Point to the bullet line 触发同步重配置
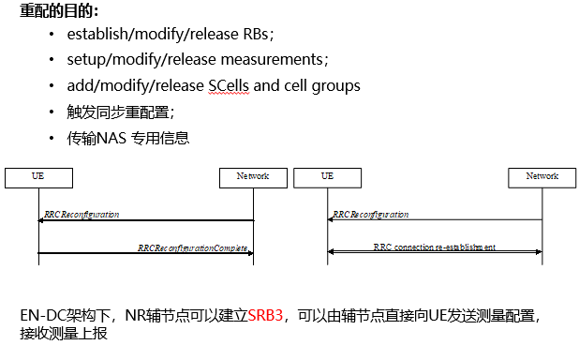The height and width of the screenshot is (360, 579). pos(121,112)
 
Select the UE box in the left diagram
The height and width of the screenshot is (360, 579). pos(38,176)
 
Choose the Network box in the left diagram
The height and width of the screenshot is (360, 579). pos(252,176)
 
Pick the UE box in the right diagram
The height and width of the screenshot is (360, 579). pos(327,176)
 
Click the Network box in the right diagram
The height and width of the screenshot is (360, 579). pos(542,176)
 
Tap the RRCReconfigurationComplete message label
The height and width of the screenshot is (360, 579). pos(194,247)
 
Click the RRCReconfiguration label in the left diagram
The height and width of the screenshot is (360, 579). pos(82,215)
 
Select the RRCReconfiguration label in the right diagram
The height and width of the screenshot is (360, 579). pos(371,215)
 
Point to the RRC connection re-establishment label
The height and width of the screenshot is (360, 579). pos(435,247)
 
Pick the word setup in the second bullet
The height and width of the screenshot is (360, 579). pos(86,60)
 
